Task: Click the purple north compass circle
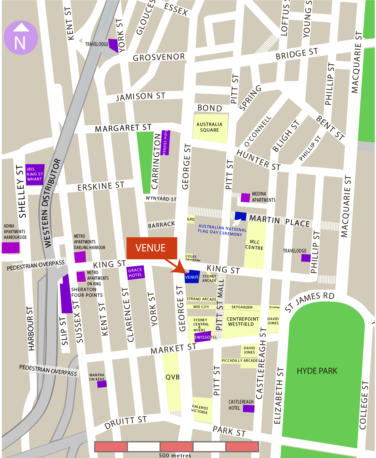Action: (x=21, y=38)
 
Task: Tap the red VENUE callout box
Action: (x=152, y=248)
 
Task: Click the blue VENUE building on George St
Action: (x=192, y=277)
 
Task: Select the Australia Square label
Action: (x=210, y=127)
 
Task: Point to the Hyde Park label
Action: (x=317, y=371)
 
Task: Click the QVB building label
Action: (x=172, y=377)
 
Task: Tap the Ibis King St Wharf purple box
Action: (x=35, y=174)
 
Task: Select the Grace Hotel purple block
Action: (x=136, y=273)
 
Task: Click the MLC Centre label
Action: (x=254, y=245)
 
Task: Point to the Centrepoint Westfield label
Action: (x=242, y=322)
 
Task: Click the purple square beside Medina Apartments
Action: (x=245, y=198)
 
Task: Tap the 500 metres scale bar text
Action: (x=175, y=455)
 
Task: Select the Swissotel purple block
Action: (x=203, y=337)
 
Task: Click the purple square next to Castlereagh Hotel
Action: (x=248, y=409)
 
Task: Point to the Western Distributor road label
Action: (x=51, y=203)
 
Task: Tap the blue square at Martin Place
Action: (x=240, y=216)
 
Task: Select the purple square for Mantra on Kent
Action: (x=102, y=384)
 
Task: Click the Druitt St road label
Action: (x=125, y=423)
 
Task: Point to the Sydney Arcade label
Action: (x=209, y=278)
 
